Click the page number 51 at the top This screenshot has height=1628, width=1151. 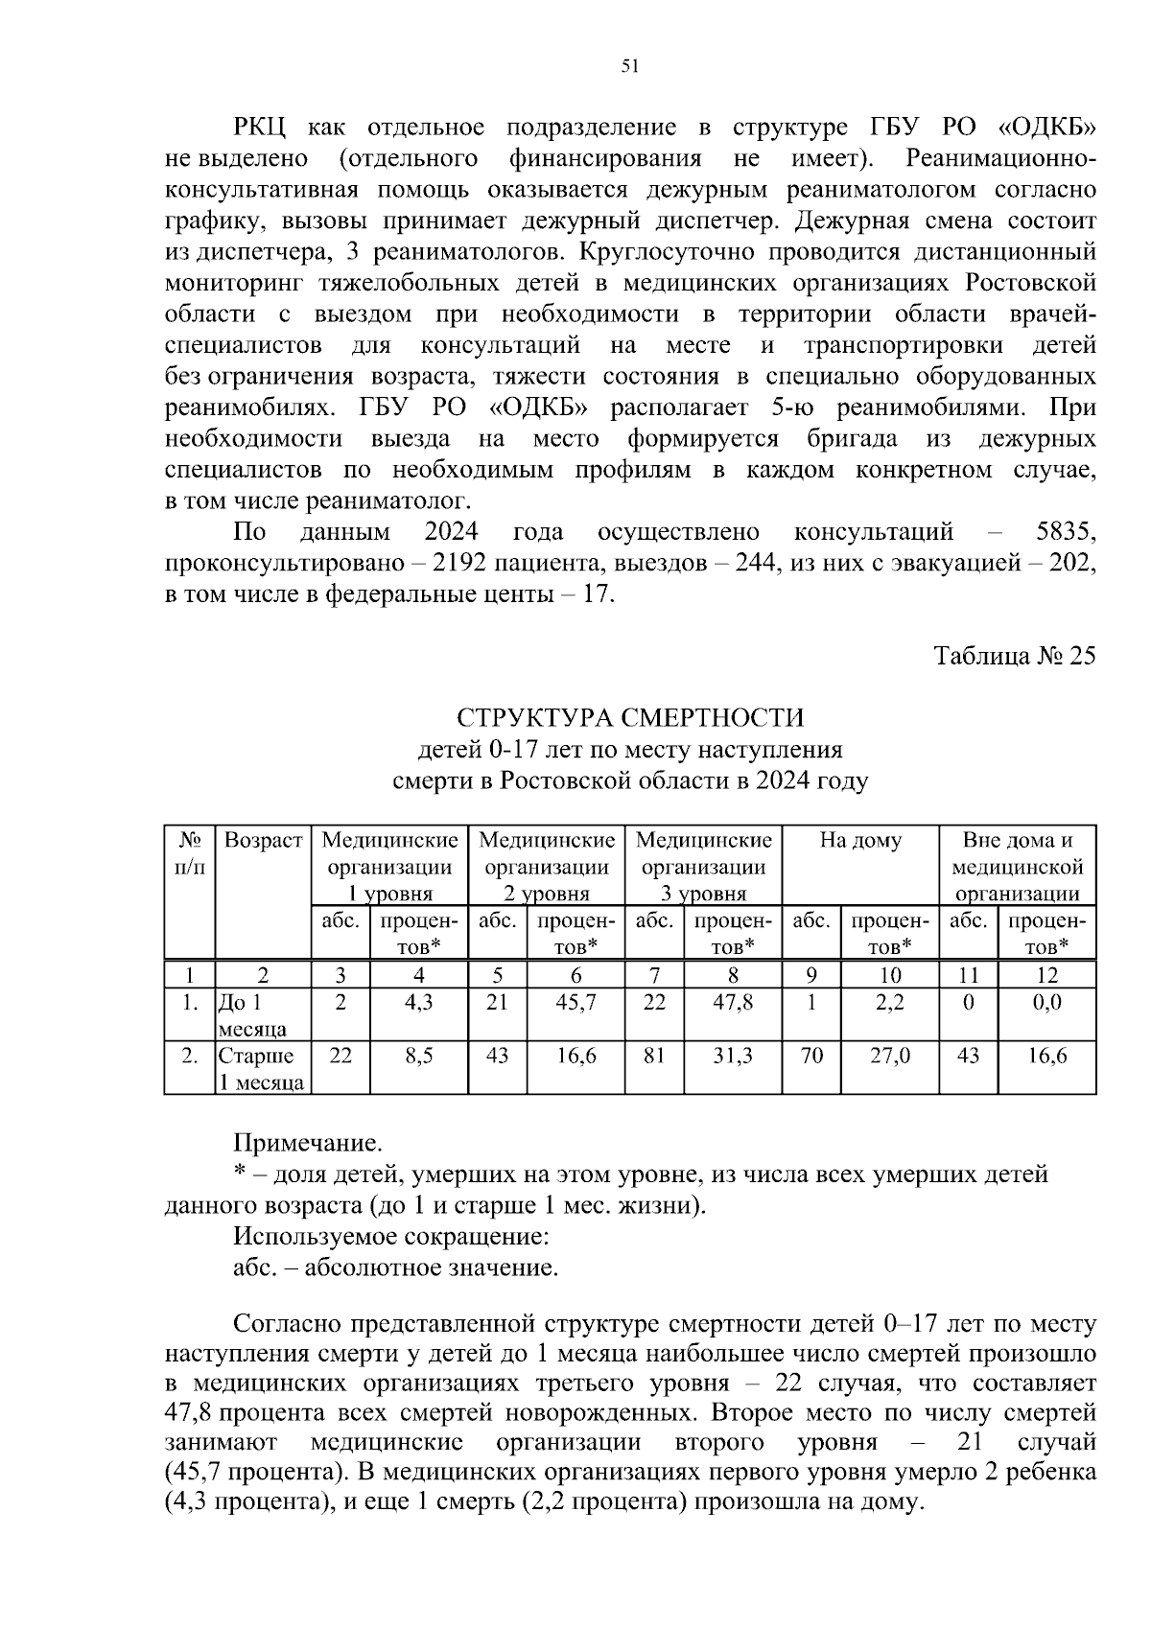(x=629, y=66)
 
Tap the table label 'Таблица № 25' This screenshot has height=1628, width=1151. (x=1014, y=656)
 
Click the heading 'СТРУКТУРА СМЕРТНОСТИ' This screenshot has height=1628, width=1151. (x=630, y=717)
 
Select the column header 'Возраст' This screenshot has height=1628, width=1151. (x=263, y=841)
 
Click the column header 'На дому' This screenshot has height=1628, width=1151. (x=859, y=841)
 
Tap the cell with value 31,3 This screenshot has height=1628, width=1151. (x=733, y=1056)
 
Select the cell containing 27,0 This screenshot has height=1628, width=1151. (x=889, y=1056)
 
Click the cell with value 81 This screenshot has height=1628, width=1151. (x=654, y=1056)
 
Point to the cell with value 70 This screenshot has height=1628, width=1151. (x=811, y=1056)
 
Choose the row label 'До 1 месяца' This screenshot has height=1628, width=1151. (x=252, y=1015)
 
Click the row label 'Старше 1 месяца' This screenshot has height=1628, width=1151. (x=261, y=1069)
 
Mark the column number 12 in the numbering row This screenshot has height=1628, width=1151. (x=1046, y=975)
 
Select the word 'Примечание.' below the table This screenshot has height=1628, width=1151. (x=308, y=1143)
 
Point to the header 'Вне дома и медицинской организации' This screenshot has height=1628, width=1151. (x=1017, y=867)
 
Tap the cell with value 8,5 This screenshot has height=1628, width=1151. (x=418, y=1056)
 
